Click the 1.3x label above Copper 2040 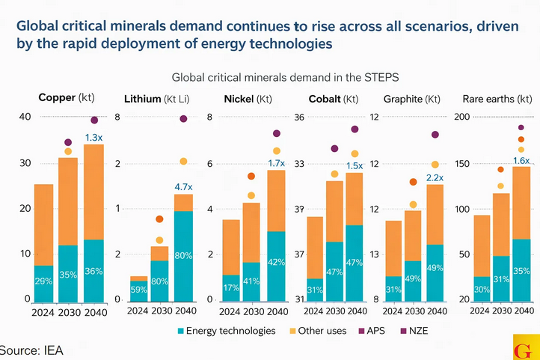coord(93,138)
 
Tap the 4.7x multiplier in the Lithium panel coord(183,186)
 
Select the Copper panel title coord(66,98)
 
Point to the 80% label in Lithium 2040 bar coord(183,255)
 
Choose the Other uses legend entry coord(322,330)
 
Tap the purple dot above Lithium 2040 coord(183,119)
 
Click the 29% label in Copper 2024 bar coord(44,281)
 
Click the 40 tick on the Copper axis coord(25,117)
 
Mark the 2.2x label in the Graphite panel coord(435,177)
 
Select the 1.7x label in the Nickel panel coord(276,162)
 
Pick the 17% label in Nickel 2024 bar coord(231,287)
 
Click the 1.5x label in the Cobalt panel coord(354,165)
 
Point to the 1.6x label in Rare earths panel coord(521,160)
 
